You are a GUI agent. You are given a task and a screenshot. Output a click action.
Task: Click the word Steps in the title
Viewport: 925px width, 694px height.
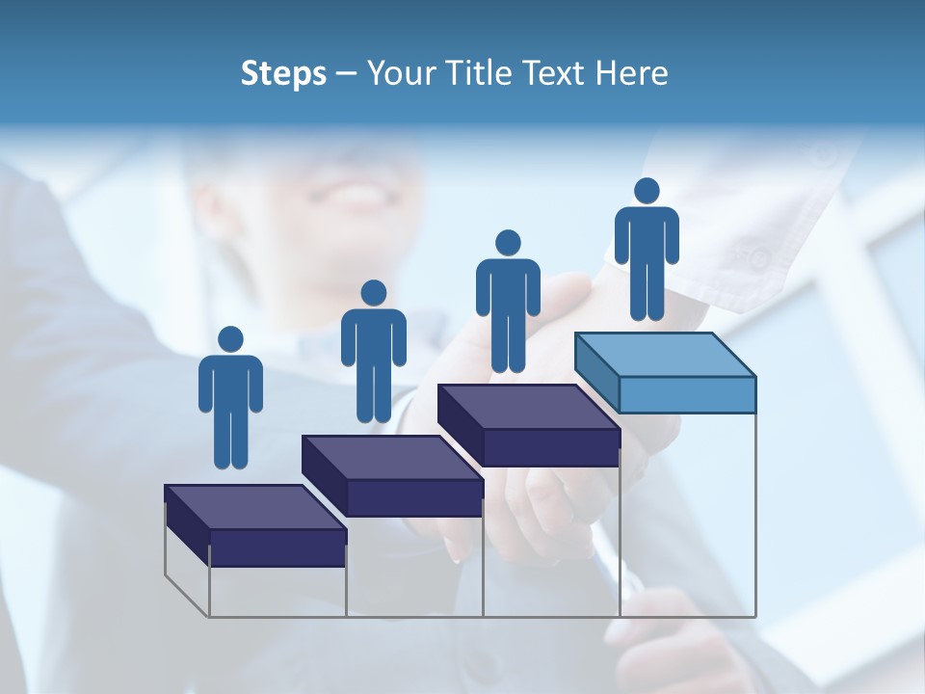[x=283, y=73]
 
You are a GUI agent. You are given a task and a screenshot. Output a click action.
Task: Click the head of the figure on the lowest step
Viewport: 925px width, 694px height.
[x=230, y=339]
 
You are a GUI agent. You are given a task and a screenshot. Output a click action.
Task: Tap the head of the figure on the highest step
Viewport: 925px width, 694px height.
[x=647, y=191]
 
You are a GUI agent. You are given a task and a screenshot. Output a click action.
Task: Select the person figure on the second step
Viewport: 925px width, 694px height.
[x=373, y=352]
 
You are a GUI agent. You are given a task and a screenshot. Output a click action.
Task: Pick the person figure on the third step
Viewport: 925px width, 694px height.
[x=508, y=301]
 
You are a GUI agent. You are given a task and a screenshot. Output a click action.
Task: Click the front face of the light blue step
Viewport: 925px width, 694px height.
[x=687, y=394]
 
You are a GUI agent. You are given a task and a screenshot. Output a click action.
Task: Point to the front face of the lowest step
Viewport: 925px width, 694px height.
[x=277, y=547]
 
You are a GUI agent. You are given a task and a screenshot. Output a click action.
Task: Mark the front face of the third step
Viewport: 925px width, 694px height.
[x=550, y=447]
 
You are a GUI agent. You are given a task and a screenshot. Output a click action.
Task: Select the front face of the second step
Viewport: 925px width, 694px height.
[x=414, y=497]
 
